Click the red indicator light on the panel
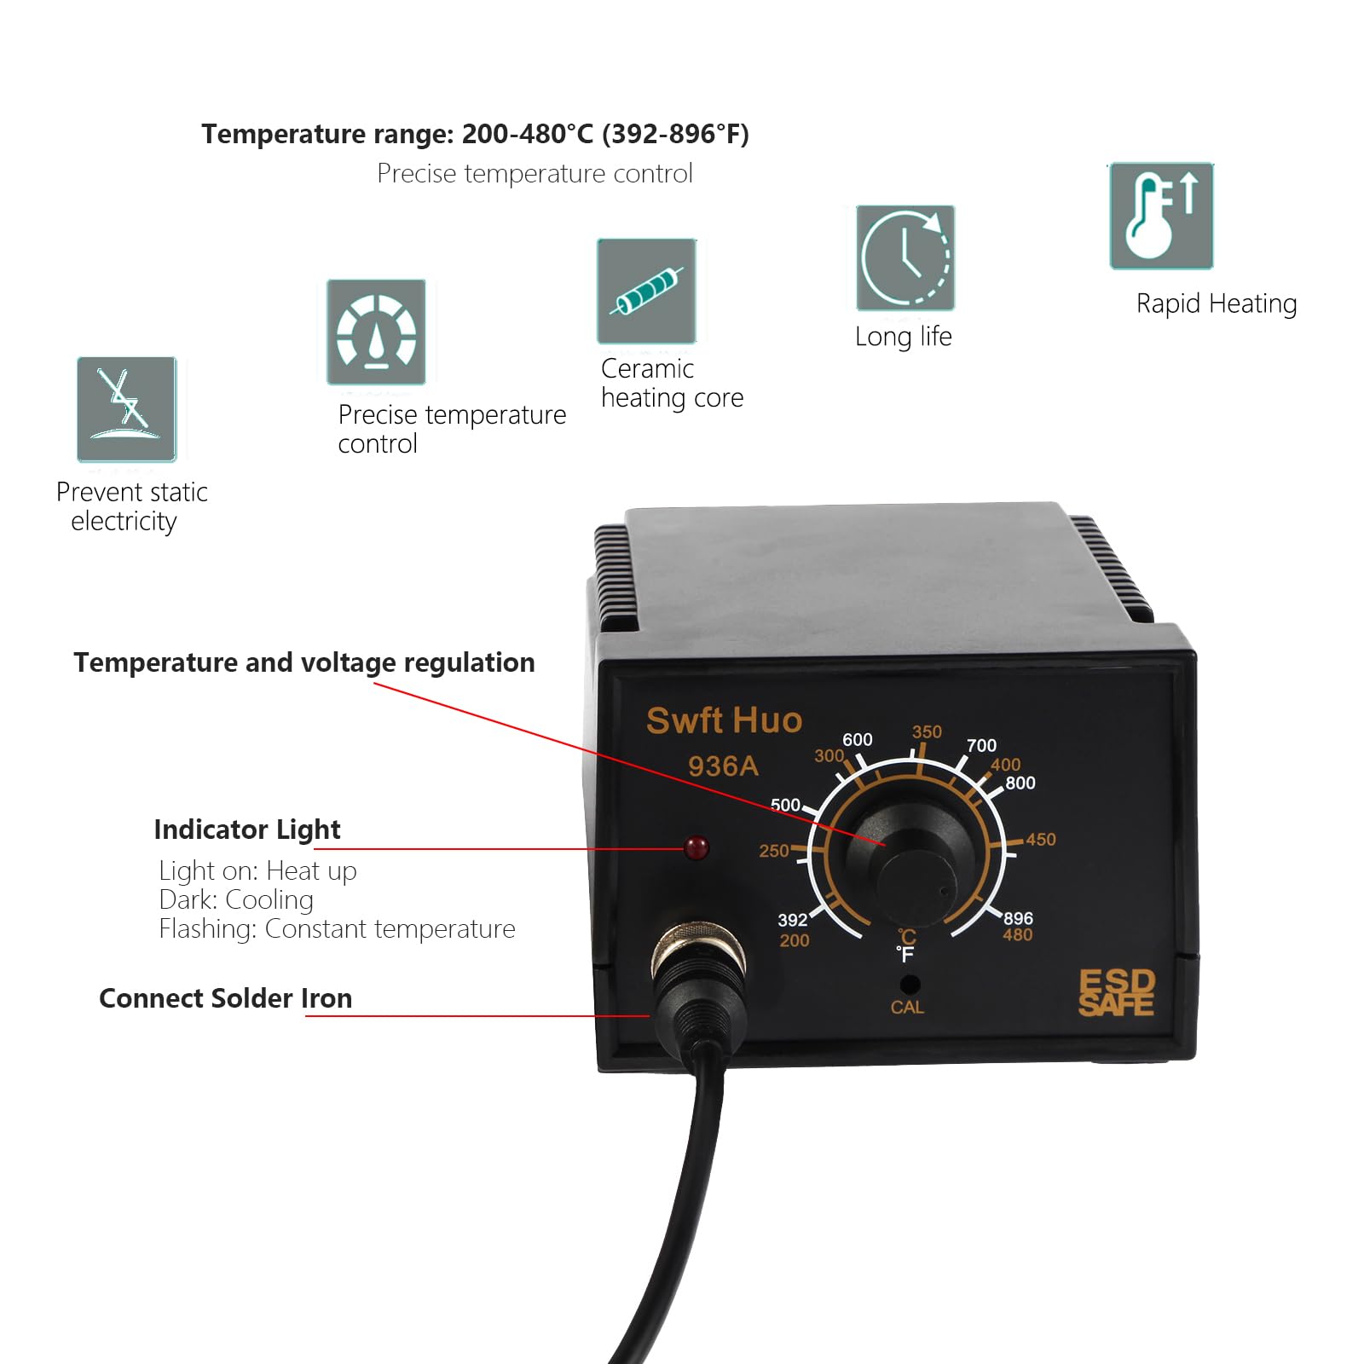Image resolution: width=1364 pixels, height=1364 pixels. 696,848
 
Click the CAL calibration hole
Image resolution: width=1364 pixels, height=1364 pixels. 910,984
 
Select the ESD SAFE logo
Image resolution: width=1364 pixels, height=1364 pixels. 1116,993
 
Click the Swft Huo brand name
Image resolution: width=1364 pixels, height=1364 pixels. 724,720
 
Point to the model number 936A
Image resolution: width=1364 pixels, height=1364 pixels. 723,766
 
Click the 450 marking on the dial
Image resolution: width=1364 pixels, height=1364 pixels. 1040,840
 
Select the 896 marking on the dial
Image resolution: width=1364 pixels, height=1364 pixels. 1018,918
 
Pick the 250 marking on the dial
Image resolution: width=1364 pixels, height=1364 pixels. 774,850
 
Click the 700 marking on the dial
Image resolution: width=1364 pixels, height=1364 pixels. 981,745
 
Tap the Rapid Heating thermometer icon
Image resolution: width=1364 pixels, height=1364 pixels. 1161,216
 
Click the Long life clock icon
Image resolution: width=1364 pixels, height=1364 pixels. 905,257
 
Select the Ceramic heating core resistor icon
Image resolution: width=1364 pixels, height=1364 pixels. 646,292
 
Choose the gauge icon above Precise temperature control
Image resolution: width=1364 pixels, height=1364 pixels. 376,332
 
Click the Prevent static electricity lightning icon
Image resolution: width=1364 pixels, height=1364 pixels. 126,409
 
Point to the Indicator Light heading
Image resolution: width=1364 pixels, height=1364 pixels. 247,829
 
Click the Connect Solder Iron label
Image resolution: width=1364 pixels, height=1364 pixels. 225,998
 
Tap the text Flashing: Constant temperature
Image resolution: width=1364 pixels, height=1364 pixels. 337,928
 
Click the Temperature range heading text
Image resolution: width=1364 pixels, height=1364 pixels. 475,134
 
